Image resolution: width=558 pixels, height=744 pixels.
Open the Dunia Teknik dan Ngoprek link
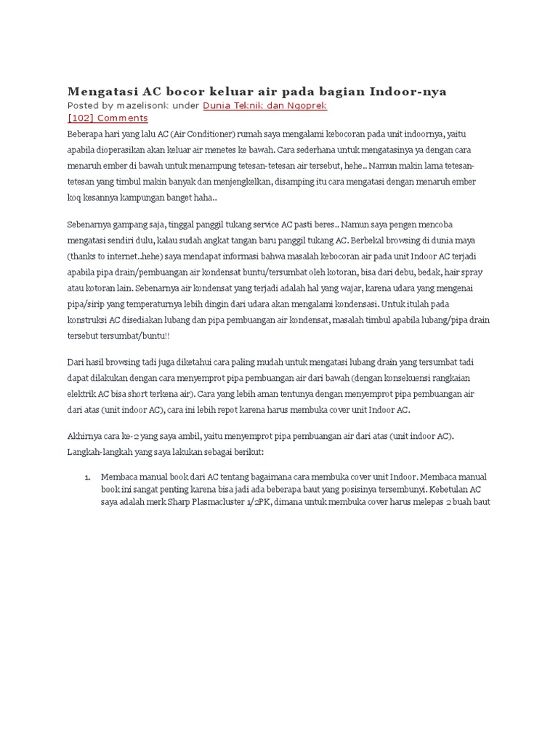[x=264, y=105]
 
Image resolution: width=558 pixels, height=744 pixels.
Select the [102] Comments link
[x=108, y=118]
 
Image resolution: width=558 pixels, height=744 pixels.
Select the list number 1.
[x=86, y=477]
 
